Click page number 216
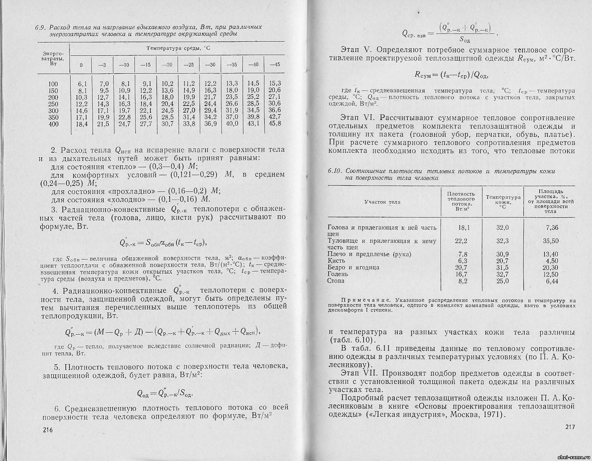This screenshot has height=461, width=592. pyautogui.click(x=49, y=430)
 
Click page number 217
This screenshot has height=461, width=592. pyautogui.click(x=569, y=427)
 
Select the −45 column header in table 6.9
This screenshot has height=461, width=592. pyautogui.click(x=275, y=65)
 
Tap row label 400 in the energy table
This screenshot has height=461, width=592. pyautogui.click(x=54, y=124)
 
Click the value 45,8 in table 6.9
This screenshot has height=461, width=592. pyautogui.click(x=275, y=123)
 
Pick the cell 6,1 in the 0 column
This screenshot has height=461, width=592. pyautogui.click(x=82, y=84)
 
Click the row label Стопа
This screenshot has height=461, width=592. pyautogui.click(x=336, y=281)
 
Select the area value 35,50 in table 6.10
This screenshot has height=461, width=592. pyautogui.click(x=551, y=241)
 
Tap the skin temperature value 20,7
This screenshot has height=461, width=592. pyautogui.click(x=502, y=261)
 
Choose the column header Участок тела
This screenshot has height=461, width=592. pyautogui.click(x=382, y=202)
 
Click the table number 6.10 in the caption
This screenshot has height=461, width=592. pyautogui.click(x=335, y=171)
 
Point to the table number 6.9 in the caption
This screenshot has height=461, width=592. pyautogui.click(x=40, y=28)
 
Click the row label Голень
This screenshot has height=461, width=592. pyautogui.click(x=338, y=274)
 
